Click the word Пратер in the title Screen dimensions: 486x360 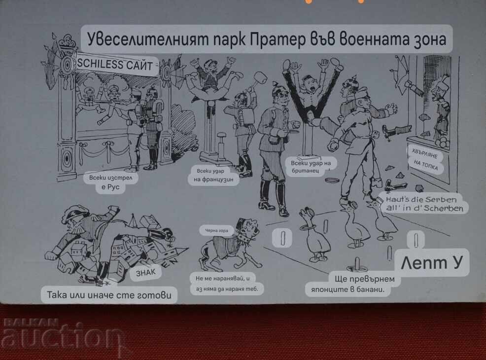pyautogui.click(x=278, y=39)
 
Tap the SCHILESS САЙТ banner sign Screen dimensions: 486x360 pyautogui.click(x=115, y=65)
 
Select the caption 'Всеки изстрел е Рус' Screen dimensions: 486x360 pyautogui.click(x=110, y=182)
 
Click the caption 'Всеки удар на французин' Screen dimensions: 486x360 pyautogui.click(x=213, y=175)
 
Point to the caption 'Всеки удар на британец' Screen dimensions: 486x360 pyautogui.click(x=311, y=167)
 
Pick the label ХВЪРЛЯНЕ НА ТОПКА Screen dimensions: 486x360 pyautogui.click(x=425, y=160)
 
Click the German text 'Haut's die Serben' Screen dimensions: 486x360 pyautogui.click(x=421, y=199)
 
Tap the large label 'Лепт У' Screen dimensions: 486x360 pyautogui.click(x=431, y=263)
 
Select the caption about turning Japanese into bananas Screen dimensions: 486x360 pyautogui.click(x=352, y=284)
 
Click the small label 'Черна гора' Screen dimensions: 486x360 pyautogui.click(x=216, y=230)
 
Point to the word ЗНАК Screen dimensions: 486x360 pyautogui.click(x=146, y=273)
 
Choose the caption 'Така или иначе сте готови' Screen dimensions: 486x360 pyautogui.click(x=109, y=294)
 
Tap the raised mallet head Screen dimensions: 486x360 pyautogui.click(x=261, y=78)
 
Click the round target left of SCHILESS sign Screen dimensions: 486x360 pyautogui.click(x=67, y=65)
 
